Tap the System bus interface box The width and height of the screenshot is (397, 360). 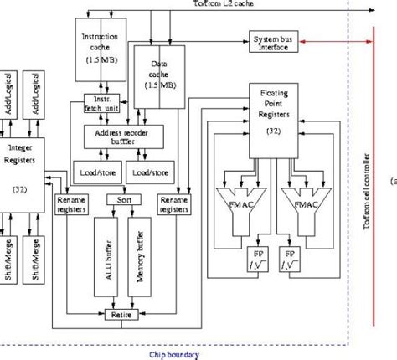[x=270, y=42]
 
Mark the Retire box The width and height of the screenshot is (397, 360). [x=123, y=315]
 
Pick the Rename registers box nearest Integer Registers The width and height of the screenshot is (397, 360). [x=71, y=206]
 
